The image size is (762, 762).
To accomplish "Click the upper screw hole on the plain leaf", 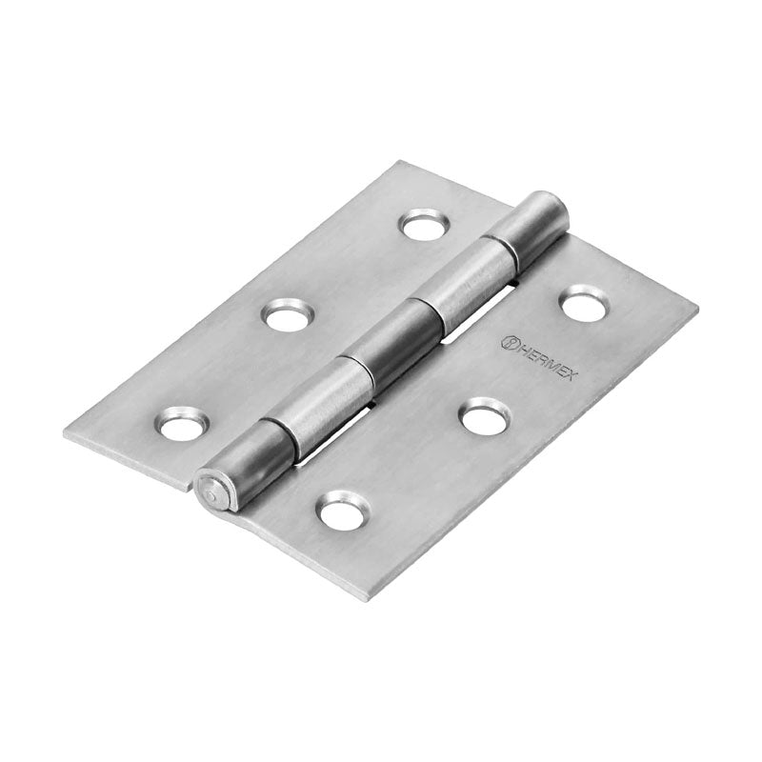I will pos(423,226).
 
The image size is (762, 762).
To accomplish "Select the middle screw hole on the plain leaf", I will pos(288,315).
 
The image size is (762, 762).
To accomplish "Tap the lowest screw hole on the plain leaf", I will pos(181,424).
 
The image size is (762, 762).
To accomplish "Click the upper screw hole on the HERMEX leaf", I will pos(583,303).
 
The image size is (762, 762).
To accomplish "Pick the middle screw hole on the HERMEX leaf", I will pos(485,416).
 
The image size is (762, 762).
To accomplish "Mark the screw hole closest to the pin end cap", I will pos(342,511).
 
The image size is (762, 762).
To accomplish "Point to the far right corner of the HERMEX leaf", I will pos(696,309).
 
